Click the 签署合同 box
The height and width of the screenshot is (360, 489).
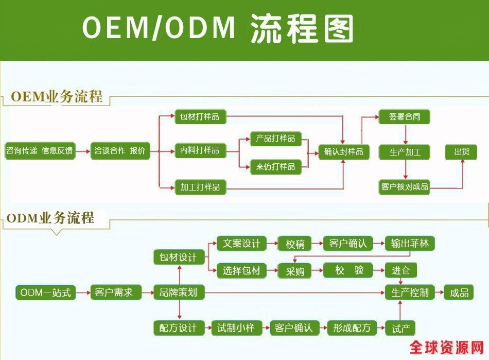405,117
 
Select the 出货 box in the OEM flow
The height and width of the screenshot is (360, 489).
461,152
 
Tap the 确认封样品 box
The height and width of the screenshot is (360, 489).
343,152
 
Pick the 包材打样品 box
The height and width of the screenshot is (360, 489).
200,117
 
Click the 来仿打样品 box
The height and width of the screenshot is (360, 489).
275,166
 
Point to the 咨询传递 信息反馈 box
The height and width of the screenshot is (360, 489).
40,151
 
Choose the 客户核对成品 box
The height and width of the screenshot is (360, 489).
405,186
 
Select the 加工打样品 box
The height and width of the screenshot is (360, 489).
200,187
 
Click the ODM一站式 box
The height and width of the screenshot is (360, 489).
45,293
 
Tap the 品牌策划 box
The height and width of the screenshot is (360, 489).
179,293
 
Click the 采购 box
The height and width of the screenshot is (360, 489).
295,271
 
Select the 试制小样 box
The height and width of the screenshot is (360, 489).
236,328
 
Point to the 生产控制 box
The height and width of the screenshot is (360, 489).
410,293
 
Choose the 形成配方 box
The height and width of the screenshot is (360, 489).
352,328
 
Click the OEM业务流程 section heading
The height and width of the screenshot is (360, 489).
56,96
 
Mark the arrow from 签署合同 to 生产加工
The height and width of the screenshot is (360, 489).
406,134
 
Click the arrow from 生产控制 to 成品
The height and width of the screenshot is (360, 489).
439,293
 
